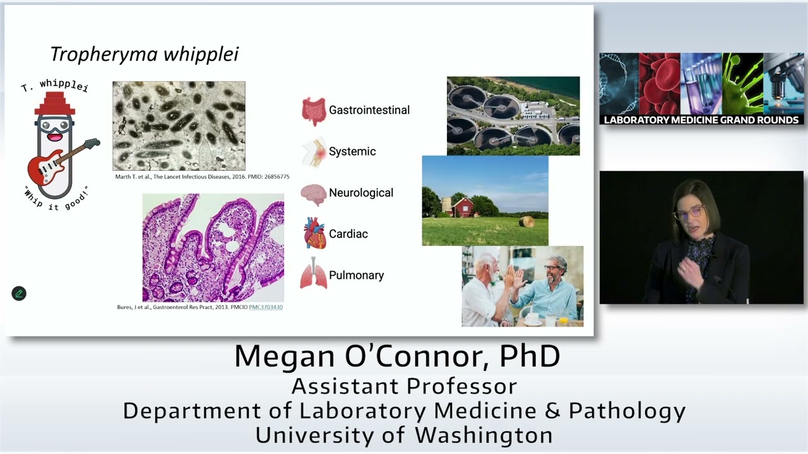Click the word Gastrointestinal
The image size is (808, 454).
point(369,110)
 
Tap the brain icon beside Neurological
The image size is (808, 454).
point(313,194)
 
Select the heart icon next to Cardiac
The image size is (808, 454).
point(314,233)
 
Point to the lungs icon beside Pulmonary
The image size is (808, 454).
point(314,275)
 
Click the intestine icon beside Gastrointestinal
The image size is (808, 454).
point(313,111)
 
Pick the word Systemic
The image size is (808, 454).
point(352,152)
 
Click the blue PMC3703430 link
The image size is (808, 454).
point(266,308)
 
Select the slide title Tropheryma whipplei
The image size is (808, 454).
point(144,54)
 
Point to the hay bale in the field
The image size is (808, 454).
point(526,221)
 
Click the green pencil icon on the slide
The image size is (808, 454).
point(19,293)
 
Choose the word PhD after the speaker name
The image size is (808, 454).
point(530,356)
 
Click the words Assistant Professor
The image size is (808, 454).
point(404,386)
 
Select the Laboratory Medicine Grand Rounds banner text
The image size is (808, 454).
point(701,120)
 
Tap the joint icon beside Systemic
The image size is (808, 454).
point(314,152)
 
